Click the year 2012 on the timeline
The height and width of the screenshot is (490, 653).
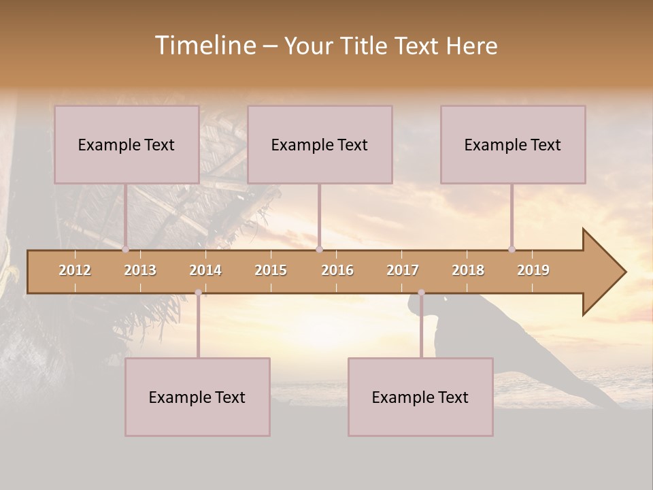click(75, 270)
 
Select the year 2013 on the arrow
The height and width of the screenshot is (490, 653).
click(140, 270)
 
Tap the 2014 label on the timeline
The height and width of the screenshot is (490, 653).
click(205, 270)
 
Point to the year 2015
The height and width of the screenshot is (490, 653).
click(271, 270)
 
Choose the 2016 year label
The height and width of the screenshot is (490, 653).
click(337, 270)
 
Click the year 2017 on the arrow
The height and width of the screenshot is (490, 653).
click(403, 270)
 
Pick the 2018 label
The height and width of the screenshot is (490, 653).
click(468, 270)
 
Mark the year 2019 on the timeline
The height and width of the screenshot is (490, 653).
click(533, 270)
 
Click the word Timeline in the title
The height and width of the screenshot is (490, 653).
click(205, 46)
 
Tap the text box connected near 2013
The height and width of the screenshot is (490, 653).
click(127, 144)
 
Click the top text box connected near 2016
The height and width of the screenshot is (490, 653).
click(320, 144)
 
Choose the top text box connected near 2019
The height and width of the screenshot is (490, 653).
click(513, 144)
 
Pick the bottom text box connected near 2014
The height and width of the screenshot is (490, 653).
click(197, 397)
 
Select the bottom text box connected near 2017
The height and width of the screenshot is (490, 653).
click(420, 397)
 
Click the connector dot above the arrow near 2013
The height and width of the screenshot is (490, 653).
click(125, 250)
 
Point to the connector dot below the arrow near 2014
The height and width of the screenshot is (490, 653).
click(198, 293)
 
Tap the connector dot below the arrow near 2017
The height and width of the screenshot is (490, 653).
click(421, 293)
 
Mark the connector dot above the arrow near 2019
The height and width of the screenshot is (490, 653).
click(512, 250)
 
